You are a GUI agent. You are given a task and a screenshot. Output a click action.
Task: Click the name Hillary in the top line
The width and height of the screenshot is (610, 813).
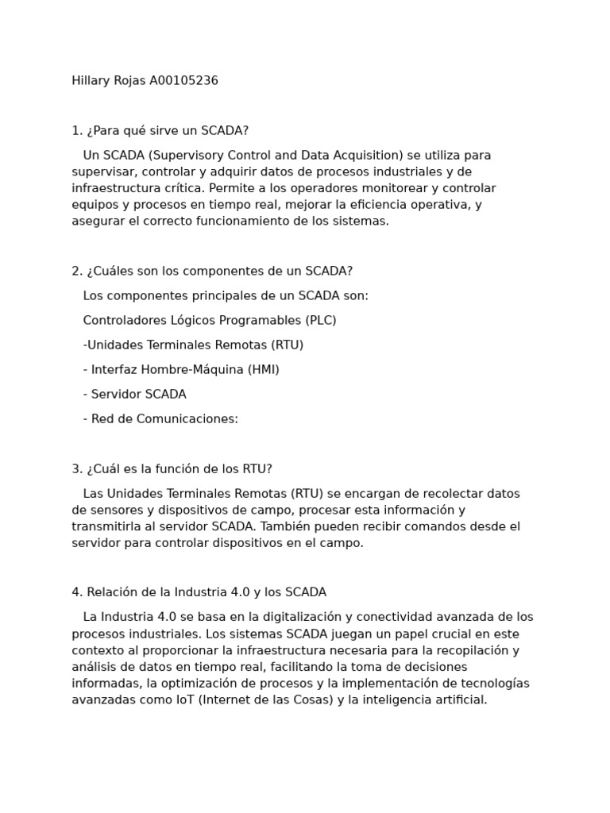(x=91, y=81)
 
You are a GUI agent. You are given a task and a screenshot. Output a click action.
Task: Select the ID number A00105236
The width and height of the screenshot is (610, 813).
(x=183, y=81)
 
